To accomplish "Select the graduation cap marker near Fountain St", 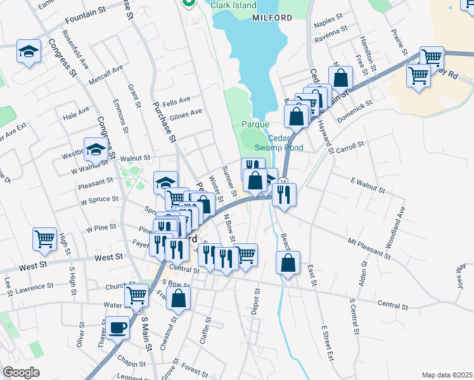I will pyautogui.click(x=29, y=51).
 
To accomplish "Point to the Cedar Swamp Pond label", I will pyautogui.click(x=285, y=143).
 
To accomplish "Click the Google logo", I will pyautogui.click(x=21, y=372).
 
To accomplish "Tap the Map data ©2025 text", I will pyautogui.click(x=447, y=374).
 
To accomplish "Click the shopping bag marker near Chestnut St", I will pyautogui.click(x=179, y=298).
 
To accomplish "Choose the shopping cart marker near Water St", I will pyautogui.click(x=137, y=295).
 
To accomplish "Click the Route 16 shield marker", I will pyautogui.click(x=283, y=182).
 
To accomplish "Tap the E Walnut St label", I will pyautogui.click(x=368, y=185).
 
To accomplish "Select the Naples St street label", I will pyautogui.click(x=328, y=21).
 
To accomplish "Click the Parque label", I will pyautogui.click(x=255, y=125).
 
